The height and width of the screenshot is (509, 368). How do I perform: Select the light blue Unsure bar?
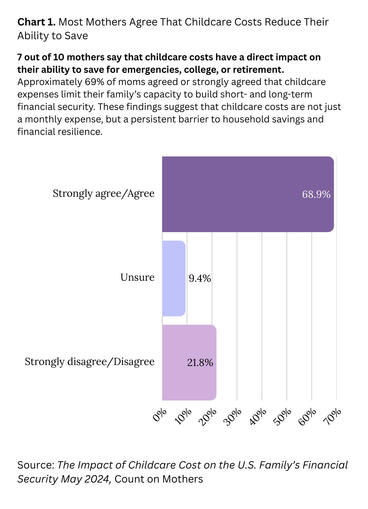tap(174, 278)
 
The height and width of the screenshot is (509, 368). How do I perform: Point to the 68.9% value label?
tap(316, 195)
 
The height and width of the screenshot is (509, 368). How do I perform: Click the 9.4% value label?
tap(200, 279)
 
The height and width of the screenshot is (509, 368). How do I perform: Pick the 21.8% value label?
tap(200, 363)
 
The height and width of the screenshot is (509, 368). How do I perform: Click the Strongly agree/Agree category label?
tap(103, 194)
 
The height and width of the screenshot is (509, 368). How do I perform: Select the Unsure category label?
tap(137, 277)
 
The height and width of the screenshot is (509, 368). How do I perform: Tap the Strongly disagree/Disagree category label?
tap(89, 362)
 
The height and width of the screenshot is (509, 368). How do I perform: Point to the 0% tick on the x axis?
tap(160, 416)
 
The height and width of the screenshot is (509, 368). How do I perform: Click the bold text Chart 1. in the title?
tap(36, 22)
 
